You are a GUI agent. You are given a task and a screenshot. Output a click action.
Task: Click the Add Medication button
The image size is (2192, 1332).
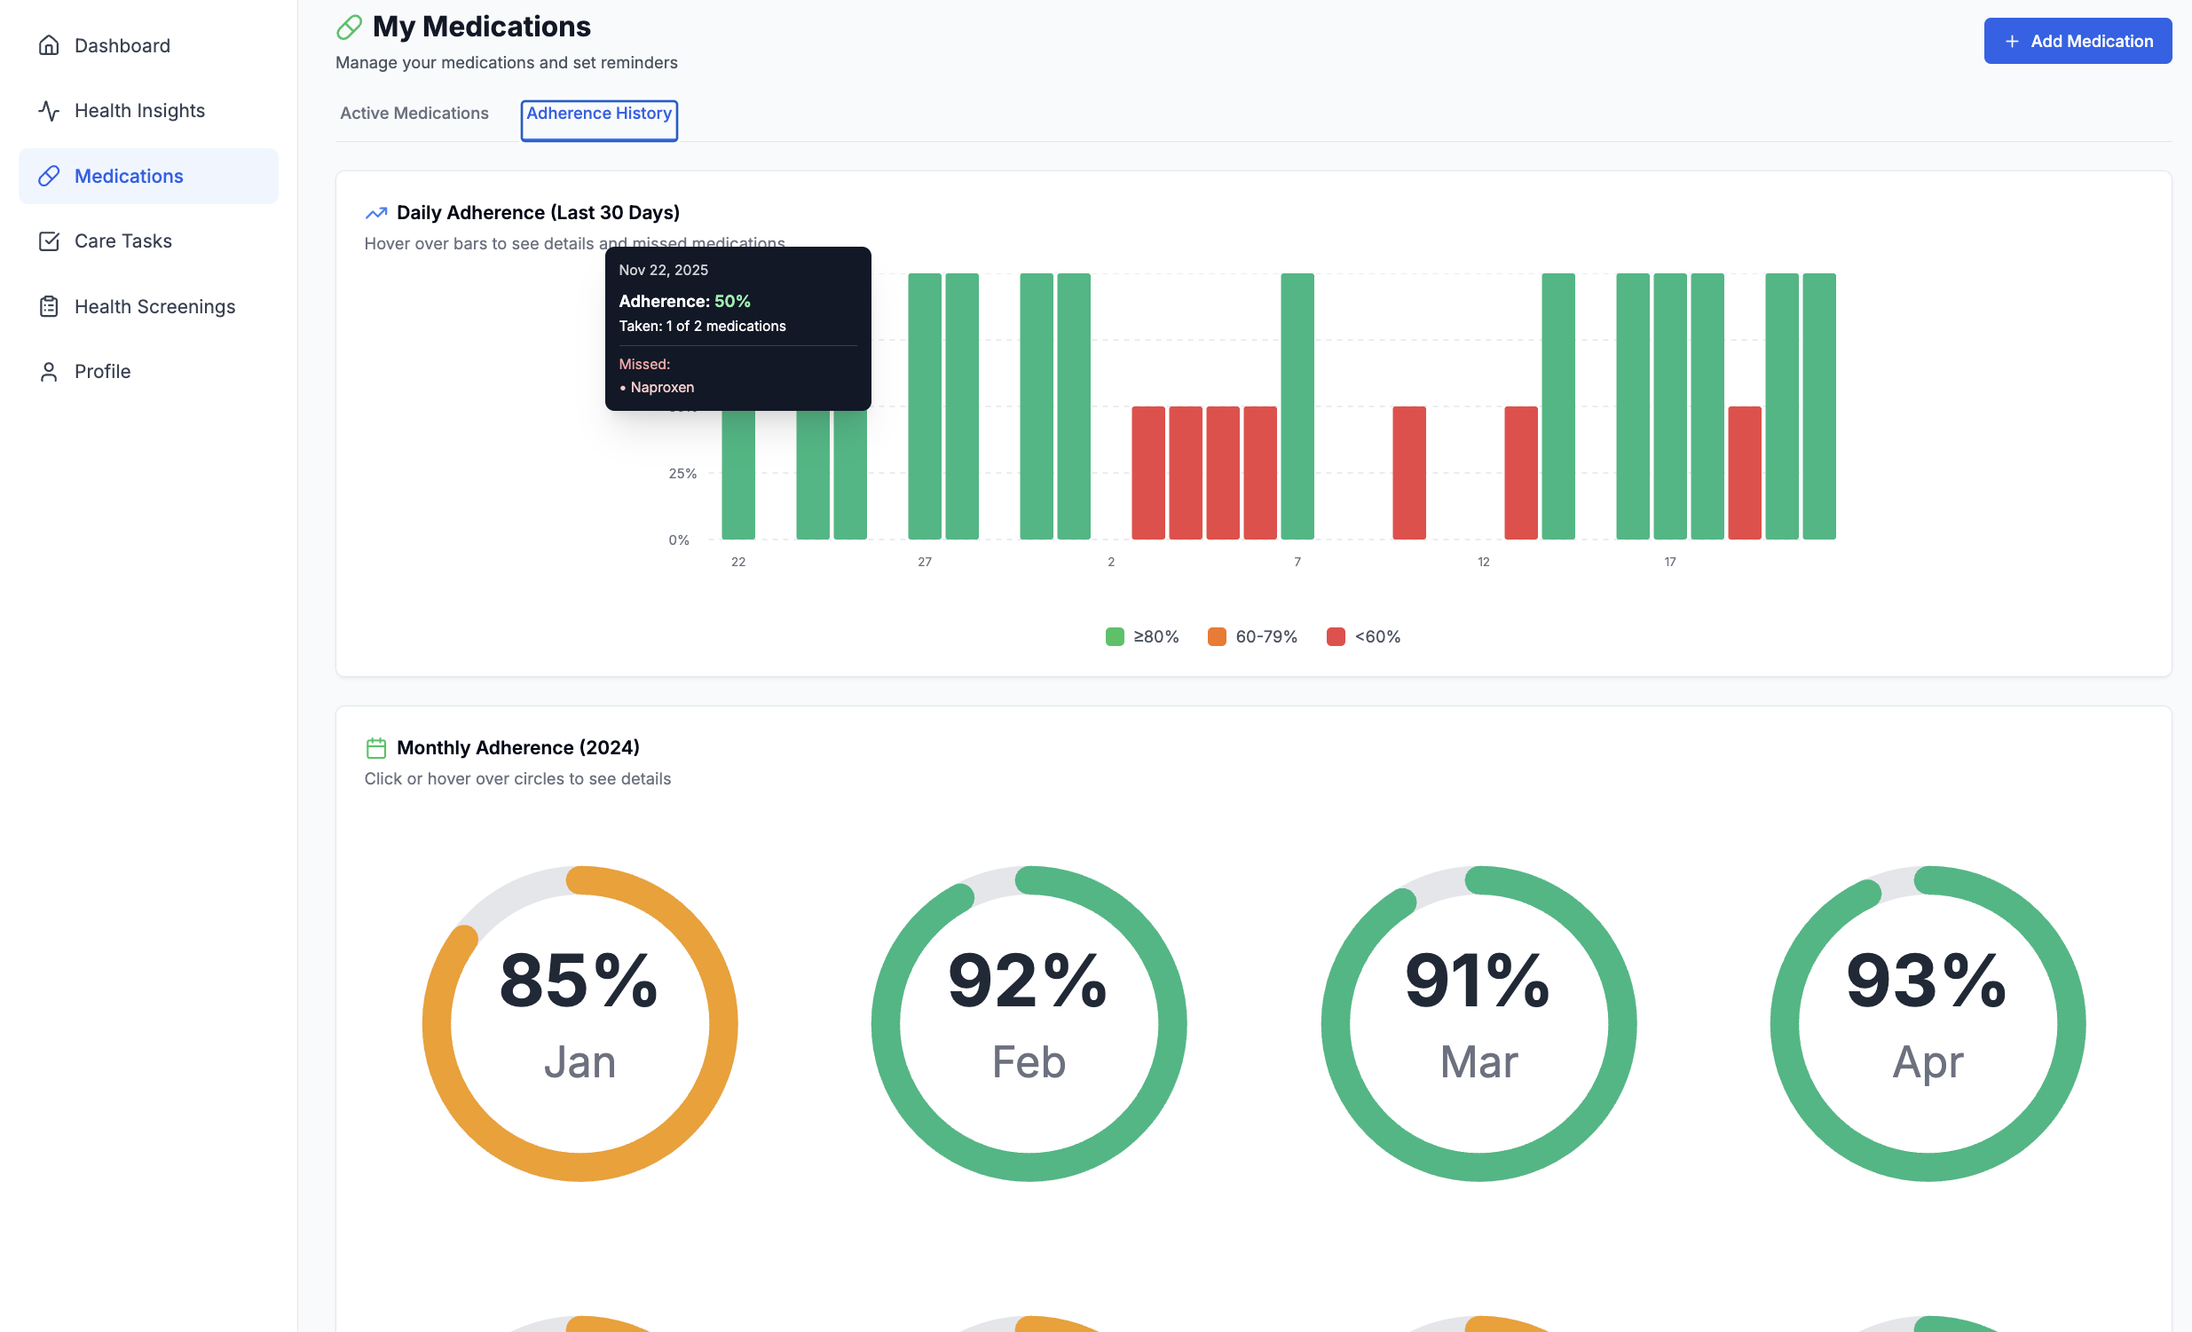2077,41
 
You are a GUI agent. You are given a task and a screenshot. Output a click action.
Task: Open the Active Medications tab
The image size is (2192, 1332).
414,113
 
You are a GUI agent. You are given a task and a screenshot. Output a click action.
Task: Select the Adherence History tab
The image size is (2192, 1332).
599,114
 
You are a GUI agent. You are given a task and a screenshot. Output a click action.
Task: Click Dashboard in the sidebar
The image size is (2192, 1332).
122,45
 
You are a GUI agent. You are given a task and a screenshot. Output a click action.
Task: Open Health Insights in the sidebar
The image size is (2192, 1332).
138,110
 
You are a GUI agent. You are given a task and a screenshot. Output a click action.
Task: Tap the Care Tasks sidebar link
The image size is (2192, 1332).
122,241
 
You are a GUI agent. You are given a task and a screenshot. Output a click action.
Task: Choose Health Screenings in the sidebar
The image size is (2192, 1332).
154,306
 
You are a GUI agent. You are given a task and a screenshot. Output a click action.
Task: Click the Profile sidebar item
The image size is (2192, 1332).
102,371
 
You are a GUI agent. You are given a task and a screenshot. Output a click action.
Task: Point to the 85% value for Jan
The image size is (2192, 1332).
579,981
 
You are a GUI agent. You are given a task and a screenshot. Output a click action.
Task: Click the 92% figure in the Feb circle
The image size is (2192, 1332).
1028,981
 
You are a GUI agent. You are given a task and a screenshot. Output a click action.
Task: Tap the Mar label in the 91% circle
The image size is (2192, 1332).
1478,1061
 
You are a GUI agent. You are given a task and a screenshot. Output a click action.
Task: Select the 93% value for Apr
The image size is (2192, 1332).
1926,981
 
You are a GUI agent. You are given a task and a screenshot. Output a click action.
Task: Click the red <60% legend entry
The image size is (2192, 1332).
1363,636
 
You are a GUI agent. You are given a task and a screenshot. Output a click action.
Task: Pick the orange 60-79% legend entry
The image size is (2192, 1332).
1252,636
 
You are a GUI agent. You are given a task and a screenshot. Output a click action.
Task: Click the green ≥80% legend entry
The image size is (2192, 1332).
1142,636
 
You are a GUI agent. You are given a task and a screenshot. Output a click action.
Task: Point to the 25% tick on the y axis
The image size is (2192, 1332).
682,473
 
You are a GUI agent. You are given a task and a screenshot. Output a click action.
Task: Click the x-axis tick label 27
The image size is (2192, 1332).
925,562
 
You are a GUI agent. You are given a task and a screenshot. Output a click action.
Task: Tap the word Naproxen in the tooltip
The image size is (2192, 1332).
662,387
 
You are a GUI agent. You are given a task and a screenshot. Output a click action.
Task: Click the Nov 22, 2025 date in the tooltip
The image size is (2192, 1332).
664,270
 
